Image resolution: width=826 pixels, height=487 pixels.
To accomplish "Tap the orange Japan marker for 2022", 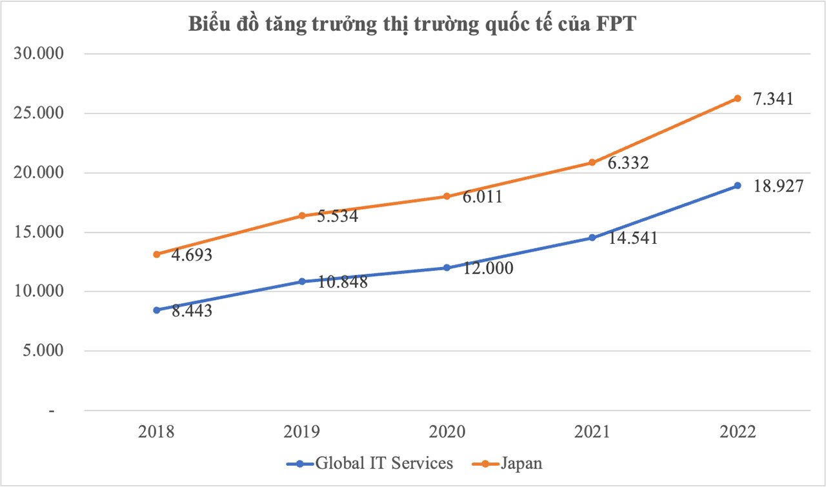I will (737, 98).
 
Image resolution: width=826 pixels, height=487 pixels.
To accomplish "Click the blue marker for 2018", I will (156, 310).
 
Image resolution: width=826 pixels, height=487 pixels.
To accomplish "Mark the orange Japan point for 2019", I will (301, 215).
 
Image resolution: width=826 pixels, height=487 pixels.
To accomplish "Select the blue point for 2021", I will (592, 238).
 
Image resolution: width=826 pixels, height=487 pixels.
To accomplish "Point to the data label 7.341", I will (772, 100).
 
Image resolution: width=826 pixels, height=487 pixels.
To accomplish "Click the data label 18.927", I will (777, 187).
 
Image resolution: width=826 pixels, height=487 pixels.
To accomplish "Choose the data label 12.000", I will (487, 268).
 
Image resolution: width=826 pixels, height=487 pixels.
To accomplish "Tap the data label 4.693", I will (192, 255).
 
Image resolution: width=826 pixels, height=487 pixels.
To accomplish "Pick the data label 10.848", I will (341, 282).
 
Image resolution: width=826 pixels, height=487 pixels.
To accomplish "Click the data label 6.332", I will (627, 164).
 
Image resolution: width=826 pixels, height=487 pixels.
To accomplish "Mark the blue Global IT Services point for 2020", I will (447, 268).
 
